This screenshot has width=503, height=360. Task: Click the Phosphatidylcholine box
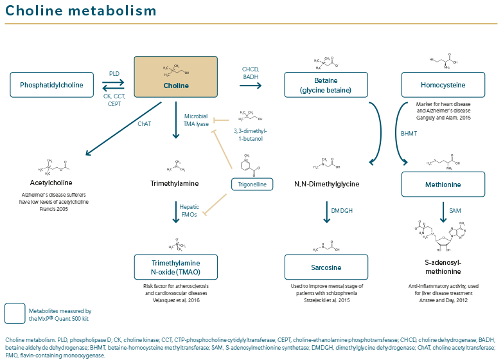(x=51, y=85)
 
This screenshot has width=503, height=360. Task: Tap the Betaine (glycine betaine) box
(x=326, y=85)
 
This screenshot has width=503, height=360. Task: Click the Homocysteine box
(x=443, y=85)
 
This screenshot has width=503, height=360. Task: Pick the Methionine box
(x=443, y=184)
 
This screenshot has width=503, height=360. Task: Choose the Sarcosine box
(x=326, y=267)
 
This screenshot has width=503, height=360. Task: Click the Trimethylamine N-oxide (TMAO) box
(x=176, y=267)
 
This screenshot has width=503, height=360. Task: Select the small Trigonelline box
(x=252, y=184)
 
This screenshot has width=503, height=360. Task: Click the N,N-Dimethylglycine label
(x=326, y=184)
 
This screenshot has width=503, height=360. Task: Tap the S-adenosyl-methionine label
(x=443, y=266)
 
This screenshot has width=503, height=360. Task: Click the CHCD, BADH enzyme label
(x=251, y=73)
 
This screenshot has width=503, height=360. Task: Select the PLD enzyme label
(x=114, y=74)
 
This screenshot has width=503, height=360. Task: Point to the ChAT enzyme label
(x=144, y=124)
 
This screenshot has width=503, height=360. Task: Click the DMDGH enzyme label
(x=342, y=211)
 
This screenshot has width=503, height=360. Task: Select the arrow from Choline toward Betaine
(x=251, y=85)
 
